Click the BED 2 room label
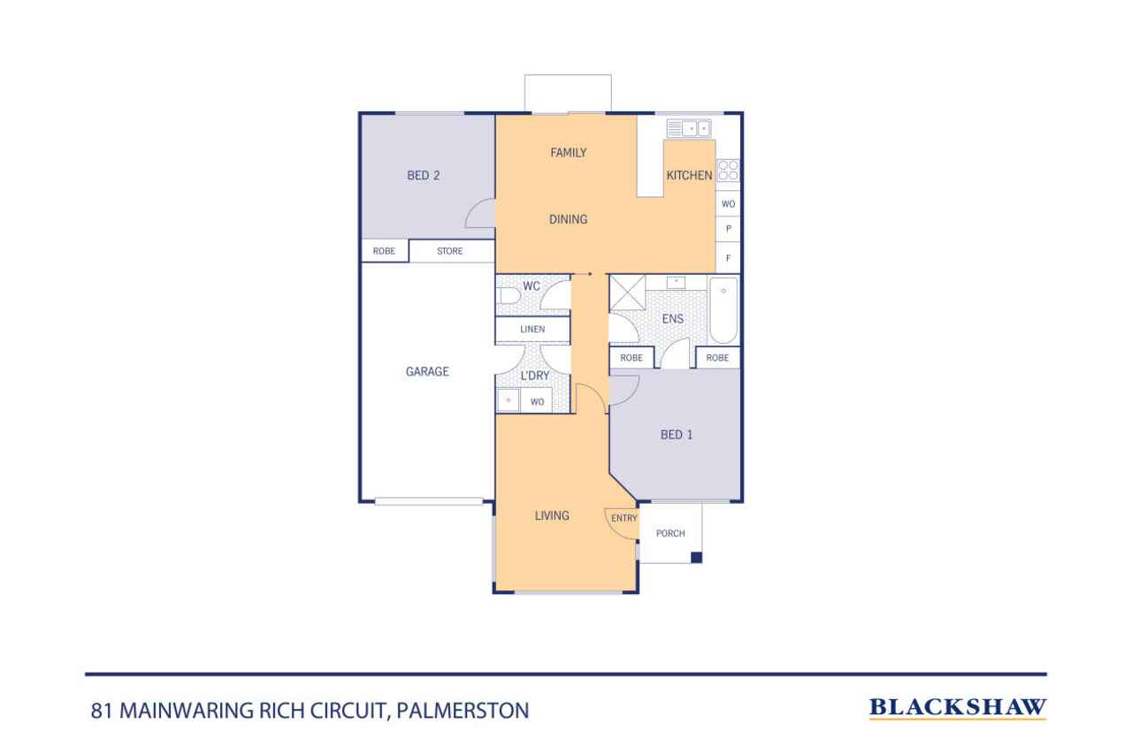click(423, 175)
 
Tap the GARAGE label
click(427, 371)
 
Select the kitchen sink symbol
click(688, 128)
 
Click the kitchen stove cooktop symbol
click(728, 171)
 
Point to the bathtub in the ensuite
click(723, 310)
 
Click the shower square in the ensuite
click(627, 293)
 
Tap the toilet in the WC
click(509, 296)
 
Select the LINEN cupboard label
click(532, 330)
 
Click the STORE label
click(449, 251)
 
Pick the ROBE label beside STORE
click(384, 251)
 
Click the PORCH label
click(670, 533)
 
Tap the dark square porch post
click(696, 558)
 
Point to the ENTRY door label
click(623, 518)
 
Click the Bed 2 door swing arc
click(472, 209)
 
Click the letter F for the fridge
click(728, 258)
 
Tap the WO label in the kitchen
click(728, 204)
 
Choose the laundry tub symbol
click(509, 400)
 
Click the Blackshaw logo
click(957, 707)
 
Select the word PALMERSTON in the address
click(463, 711)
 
